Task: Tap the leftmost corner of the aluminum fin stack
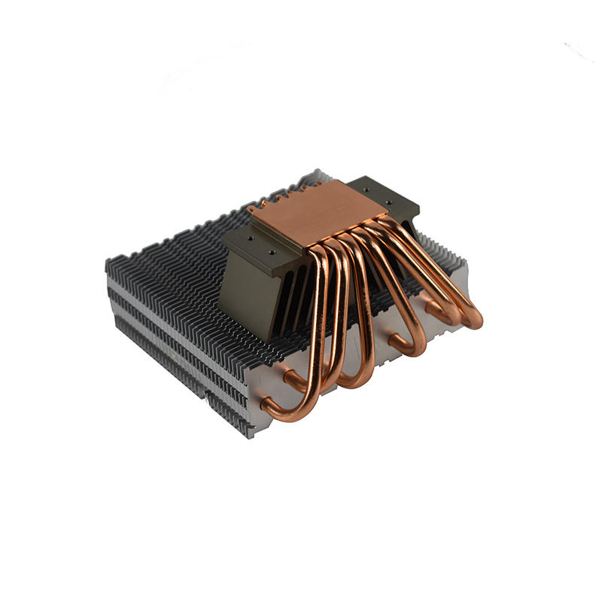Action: [108, 263]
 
